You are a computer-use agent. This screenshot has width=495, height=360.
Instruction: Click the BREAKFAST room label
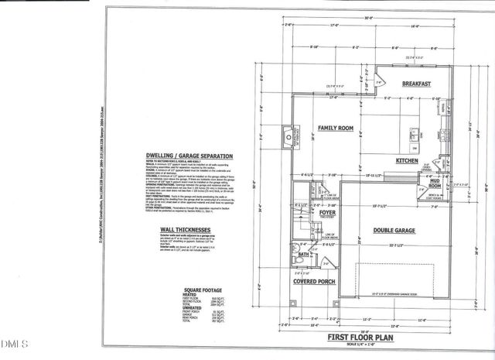point(416,83)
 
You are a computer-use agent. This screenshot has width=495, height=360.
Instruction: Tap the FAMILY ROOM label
point(336,127)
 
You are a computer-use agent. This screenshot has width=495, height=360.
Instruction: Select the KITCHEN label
point(407,160)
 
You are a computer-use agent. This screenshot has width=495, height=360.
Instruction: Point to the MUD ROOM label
point(434,186)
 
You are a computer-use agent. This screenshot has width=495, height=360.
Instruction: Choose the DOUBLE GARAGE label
point(394,230)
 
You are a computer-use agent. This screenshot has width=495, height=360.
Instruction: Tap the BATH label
point(305,253)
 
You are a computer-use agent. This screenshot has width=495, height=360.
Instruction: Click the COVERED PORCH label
point(313,282)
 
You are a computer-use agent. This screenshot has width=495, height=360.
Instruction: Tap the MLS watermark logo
point(14,342)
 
